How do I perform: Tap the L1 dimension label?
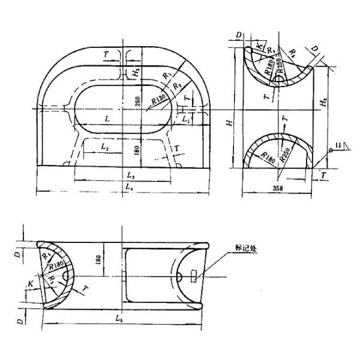tap(187, 121)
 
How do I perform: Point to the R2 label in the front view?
tap(177, 86)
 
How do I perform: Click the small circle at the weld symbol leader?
tap(330, 151)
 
